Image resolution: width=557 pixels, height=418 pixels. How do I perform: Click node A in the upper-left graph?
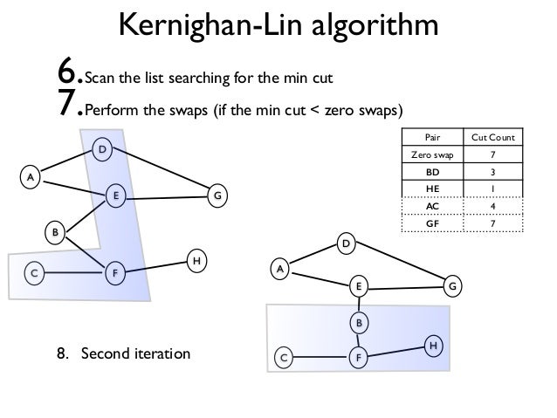click(x=31, y=177)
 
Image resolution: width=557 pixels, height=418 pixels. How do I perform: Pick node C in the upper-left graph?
click(x=34, y=273)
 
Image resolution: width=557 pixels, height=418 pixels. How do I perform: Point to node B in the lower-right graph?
click(x=357, y=323)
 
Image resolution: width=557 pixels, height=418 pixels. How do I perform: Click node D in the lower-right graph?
click(x=346, y=245)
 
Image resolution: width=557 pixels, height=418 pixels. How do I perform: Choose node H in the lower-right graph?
click(x=431, y=346)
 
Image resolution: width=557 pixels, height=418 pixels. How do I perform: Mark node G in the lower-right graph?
click(x=452, y=285)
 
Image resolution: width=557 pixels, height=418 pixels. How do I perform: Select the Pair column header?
click(x=432, y=138)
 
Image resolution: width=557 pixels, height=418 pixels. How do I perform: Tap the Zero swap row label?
click(x=432, y=155)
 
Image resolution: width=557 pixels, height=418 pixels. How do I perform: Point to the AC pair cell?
click(x=432, y=206)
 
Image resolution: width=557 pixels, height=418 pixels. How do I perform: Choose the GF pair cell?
click(x=432, y=223)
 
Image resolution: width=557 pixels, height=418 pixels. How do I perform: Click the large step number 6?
click(x=69, y=76)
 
